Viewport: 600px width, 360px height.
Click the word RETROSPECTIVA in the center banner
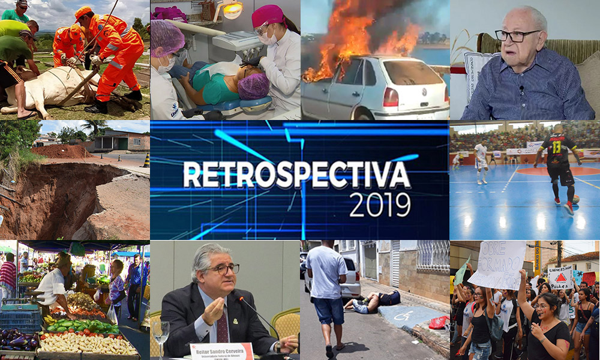(x=296, y=175)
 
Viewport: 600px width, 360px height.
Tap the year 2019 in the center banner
(x=380, y=205)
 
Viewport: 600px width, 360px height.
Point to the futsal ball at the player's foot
(x=575, y=199)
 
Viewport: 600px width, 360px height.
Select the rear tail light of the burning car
(x=391, y=97)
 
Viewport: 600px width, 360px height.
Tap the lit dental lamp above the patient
(x=232, y=10)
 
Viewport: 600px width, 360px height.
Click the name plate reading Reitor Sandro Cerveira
(x=221, y=351)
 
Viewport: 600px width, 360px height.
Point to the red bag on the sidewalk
(x=439, y=322)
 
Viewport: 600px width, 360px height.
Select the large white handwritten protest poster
(x=497, y=263)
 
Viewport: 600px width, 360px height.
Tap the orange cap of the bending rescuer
(x=83, y=13)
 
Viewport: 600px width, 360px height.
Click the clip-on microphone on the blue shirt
(x=521, y=90)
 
